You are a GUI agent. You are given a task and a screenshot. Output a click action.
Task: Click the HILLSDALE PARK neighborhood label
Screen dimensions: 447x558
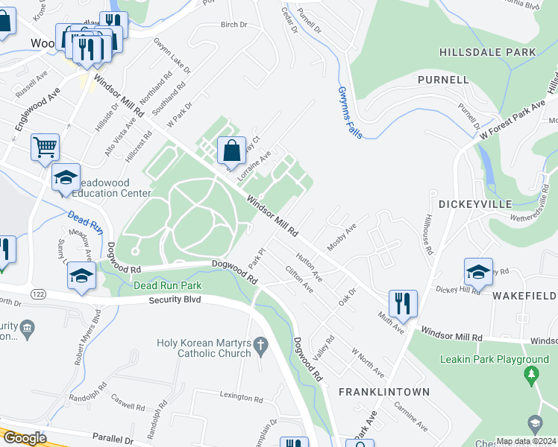pyautogui.click(x=488, y=52)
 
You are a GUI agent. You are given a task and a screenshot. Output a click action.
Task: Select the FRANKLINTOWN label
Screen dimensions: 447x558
pyautogui.click(x=383, y=391)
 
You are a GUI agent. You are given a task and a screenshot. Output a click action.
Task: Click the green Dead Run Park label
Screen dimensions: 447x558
pyautogui.click(x=167, y=285)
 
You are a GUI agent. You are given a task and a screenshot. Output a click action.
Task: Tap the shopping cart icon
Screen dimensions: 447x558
pyautogui.click(x=46, y=146)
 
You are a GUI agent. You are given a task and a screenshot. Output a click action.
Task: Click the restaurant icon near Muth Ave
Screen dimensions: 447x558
pyautogui.click(x=403, y=302)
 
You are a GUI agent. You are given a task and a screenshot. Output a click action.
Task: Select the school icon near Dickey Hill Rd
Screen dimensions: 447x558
pyautogui.click(x=478, y=271)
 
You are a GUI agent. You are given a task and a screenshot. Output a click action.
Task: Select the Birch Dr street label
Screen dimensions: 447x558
pyautogui.click(x=233, y=25)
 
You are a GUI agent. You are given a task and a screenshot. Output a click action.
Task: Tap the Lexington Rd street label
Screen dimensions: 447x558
pyautogui.click(x=241, y=397)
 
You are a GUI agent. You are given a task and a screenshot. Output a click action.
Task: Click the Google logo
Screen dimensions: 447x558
pyautogui.click(x=25, y=438)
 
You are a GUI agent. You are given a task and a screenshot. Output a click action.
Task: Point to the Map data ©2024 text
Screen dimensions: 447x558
pyautogui.click(x=525, y=441)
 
